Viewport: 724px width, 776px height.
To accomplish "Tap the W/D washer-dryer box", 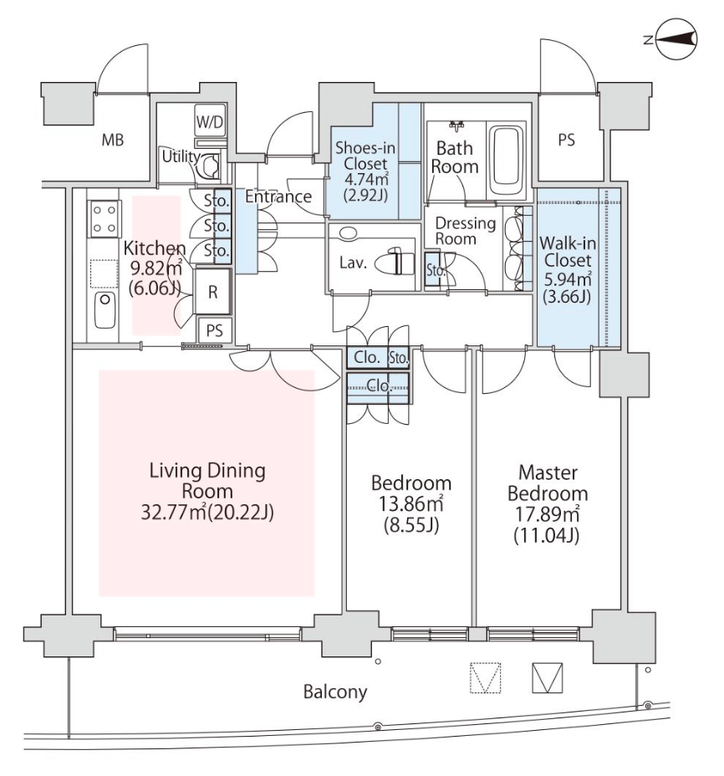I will coord(209,122).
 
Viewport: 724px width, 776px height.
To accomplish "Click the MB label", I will coord(113,140).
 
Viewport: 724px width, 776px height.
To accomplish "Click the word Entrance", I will coord(279,197).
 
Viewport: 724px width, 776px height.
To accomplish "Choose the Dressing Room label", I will coord(467,231).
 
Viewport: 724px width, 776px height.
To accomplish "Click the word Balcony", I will coord(335,692).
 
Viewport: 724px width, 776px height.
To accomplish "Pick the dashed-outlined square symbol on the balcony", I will coord(485,678).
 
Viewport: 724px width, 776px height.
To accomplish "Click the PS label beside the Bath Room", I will coord(566,140).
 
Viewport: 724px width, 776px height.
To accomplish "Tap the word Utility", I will coord(181,156).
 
